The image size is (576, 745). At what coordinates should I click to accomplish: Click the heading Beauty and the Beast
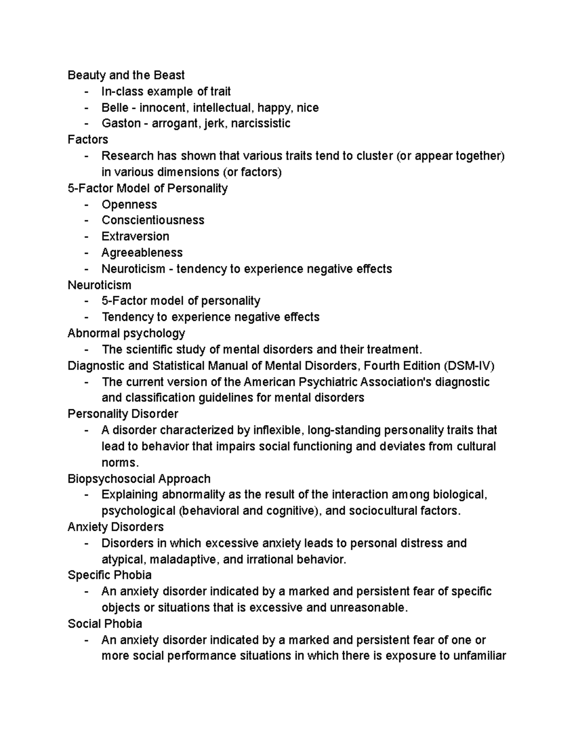[x=126, y=75]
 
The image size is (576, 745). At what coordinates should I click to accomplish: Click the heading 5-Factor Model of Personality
[x=147, y=188]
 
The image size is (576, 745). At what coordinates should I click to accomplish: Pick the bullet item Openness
[x=129, y=204]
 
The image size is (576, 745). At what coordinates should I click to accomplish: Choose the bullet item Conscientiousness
[x=153, y=220]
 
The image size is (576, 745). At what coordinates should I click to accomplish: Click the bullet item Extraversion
[x=135, y=237]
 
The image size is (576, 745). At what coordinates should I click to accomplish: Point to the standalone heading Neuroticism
[x=99, y=285]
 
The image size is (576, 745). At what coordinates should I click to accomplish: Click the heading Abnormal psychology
[x=126, y=333]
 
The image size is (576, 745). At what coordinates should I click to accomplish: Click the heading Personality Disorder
[x=123, y=414]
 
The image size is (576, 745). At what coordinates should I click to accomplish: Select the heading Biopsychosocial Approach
[x=139, y=479]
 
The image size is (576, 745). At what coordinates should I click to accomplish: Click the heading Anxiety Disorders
[x=116, y=527]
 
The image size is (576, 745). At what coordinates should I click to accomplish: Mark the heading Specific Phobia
[x=109, y=575]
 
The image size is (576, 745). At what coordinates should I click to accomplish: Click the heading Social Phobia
[x=105, y=624]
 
